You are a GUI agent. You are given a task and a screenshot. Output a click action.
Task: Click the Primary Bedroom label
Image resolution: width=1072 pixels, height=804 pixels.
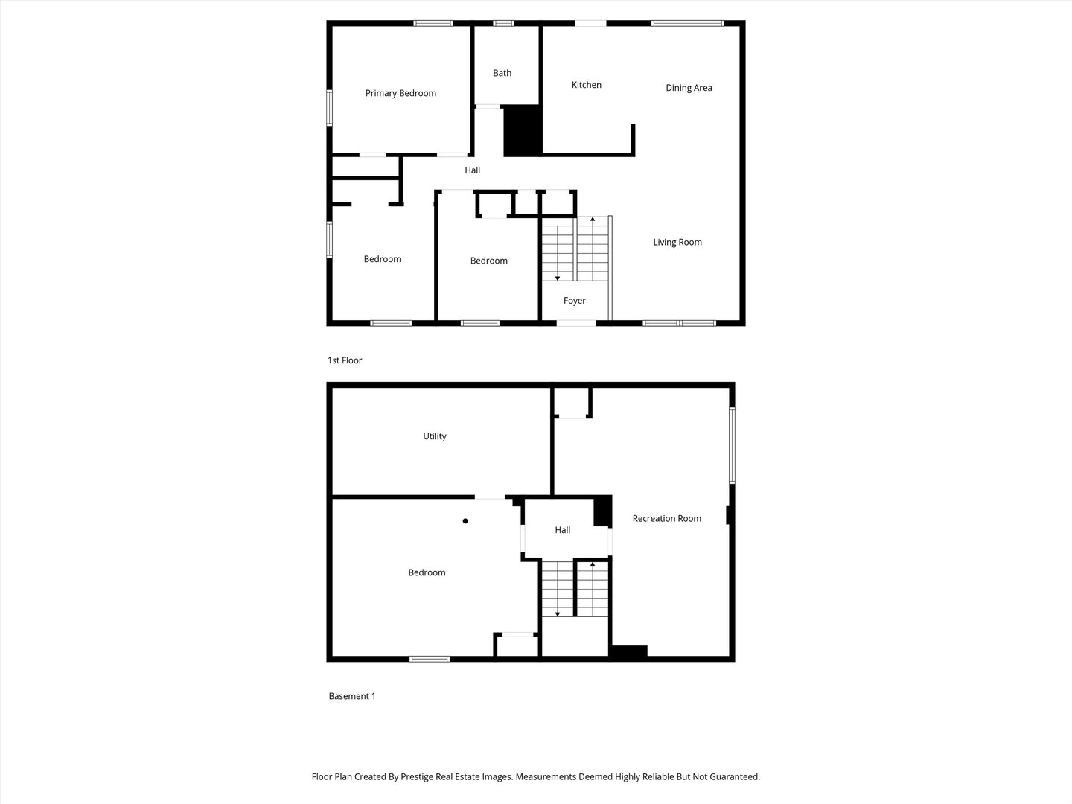(401, 93)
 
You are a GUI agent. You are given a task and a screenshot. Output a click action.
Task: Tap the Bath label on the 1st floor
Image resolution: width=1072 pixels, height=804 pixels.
(502, 73)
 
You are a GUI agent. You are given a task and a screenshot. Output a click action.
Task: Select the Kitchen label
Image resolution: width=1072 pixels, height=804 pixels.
(586, 85)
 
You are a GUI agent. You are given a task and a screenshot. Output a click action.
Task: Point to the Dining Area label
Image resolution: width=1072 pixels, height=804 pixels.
(689, 88)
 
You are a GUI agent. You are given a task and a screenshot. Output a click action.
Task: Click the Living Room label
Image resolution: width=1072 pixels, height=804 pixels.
(677, 242)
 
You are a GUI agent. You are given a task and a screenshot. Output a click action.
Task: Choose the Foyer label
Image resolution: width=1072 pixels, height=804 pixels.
(574, 301)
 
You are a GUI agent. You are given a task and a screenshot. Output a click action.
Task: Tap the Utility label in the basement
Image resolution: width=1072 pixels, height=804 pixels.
(435, 436)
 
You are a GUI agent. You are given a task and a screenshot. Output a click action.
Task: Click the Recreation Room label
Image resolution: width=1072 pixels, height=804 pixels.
(666, 518)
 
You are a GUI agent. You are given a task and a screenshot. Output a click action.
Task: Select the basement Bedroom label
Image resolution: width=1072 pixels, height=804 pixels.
(427, 572)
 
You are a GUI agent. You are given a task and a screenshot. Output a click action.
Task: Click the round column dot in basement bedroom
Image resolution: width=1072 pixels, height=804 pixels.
(465, 521)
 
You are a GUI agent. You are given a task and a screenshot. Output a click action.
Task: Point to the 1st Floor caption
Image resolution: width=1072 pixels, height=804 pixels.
(345, 360)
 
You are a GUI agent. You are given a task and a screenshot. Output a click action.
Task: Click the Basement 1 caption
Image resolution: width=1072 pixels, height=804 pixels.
(352, 696)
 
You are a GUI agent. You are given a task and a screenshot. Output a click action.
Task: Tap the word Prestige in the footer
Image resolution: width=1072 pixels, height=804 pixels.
(418, 776)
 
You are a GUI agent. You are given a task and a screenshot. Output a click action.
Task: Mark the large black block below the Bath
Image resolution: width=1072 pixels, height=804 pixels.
(523, 131)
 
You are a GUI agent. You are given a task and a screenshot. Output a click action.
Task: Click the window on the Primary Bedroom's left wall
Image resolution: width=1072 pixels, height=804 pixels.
(330, 108)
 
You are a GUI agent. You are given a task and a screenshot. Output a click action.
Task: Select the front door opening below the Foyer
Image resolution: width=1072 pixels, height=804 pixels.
(576, 323)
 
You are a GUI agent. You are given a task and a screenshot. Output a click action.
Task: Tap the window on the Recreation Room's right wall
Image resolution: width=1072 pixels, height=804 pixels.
(732, 445)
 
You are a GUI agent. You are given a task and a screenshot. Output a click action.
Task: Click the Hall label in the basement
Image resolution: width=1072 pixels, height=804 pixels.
(563, 530)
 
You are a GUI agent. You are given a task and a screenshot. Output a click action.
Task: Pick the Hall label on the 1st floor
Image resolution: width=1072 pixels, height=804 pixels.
(472, 170)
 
